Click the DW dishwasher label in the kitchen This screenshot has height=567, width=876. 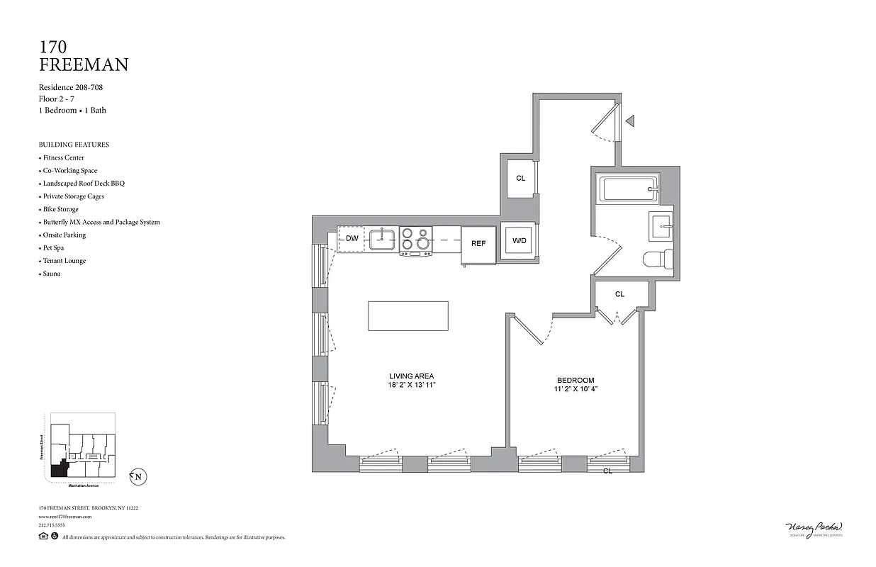(352, 239)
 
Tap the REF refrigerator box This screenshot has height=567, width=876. (478, 244)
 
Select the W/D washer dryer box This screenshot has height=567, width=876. (520, 241)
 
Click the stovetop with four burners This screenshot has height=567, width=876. (415, 240)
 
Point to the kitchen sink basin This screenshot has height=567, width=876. (383, 240)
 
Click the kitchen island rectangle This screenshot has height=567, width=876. (408, 315)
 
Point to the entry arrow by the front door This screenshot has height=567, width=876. (629, 121)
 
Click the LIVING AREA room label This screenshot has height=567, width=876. (411, 376)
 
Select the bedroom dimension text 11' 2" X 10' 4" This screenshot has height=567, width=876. (575, 390)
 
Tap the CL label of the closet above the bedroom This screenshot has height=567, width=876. (619, 294)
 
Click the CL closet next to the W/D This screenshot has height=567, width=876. (520, 178)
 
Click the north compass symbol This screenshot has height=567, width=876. (138, 477)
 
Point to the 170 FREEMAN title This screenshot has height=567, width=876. (83, 56)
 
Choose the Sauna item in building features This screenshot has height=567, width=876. (52, 274)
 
